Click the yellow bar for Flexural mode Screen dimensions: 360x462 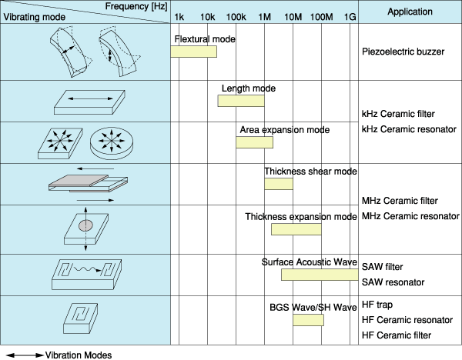pyautogui.click(x=193, y=52)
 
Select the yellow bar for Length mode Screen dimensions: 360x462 pyautogui.click(x=240, y=101)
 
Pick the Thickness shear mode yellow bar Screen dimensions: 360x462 pyautogui.click(x=278, y=184)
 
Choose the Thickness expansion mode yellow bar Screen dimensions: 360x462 pyautogui.click(x=296, y=229)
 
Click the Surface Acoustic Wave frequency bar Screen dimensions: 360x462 pyautogui.click(x=319, y=275)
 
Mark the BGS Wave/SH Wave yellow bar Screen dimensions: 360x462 pyautogui.click(x=307, y=320)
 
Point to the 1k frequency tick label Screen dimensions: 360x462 pyautogui.click(x=179, y=17)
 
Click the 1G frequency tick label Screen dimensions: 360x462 pyautogui.click(x=350, y=17)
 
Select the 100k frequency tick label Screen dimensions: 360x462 pyautogui.click(x=236, y=17)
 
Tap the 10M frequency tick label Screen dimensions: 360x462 pyautogui.click(x=293, y=17)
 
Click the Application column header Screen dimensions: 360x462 pyautogui.click(x=410, y=12)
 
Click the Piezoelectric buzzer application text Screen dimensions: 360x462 pyautogui.click(x=402, y=52)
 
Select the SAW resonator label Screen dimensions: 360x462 pyautogui.click(x=393, y=282)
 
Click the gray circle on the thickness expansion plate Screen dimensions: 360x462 pyautogui.click(x=86, y=225)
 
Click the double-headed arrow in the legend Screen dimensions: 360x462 pyautogui.click(x=23, y=355)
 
